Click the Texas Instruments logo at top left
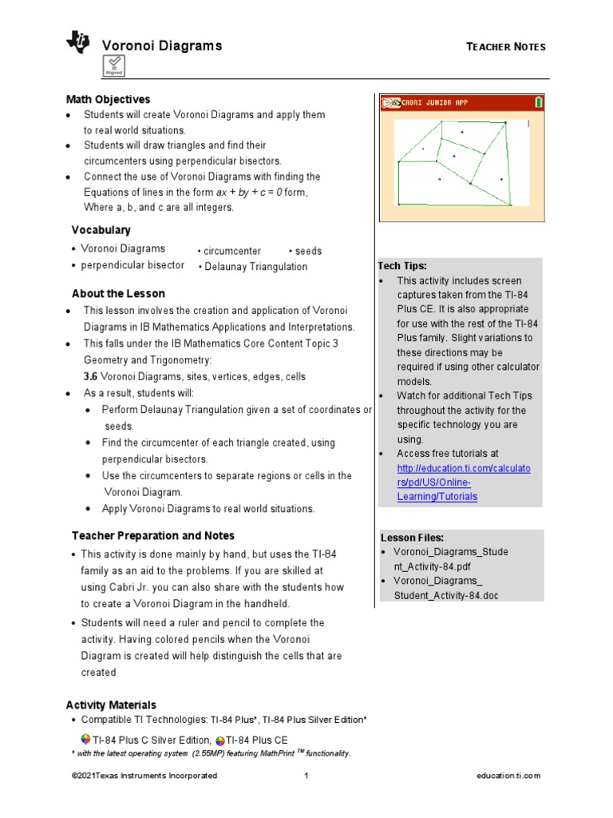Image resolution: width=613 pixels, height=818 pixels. pos(78,43)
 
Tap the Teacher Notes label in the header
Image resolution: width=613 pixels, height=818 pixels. pos(505,47)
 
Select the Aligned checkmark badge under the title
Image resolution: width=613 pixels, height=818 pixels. pos(113,66)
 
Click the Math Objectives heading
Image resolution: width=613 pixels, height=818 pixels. pos(107,100)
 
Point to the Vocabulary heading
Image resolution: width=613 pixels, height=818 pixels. pos(101,230)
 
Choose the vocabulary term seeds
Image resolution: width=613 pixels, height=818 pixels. pos(306,251)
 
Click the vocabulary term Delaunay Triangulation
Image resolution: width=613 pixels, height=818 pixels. pos(254,267)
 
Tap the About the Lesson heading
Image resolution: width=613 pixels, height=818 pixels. pos(118,293)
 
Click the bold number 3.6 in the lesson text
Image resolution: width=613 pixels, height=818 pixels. pos(91,376)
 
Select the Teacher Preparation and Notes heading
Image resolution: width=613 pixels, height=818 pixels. pos(153,535)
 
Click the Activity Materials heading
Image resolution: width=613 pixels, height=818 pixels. pos(111,705)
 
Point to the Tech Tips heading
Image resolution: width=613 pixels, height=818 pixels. pos(402,265)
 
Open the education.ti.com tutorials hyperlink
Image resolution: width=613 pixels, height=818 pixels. pos(462,482)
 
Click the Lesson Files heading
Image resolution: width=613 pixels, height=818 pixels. pos(412,538)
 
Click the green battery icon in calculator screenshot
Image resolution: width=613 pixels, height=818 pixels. pos(539,102)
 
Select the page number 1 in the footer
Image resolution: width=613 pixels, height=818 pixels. pos(306,776)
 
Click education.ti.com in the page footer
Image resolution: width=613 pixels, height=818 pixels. pos(508,776)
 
